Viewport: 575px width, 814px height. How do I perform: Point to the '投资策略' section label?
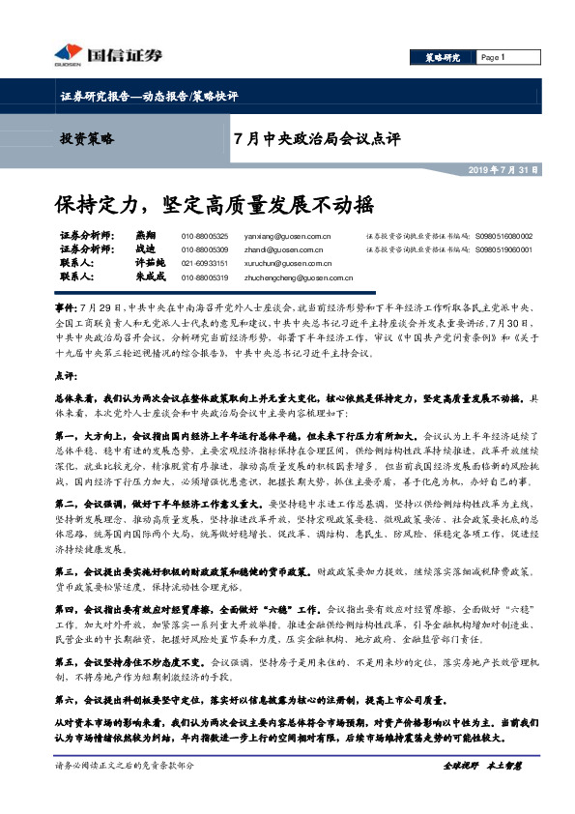[x=86, y=139]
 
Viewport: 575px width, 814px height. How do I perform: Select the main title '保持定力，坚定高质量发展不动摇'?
[x=213, y=205]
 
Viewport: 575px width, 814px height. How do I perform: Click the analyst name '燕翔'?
[x=145, y=236]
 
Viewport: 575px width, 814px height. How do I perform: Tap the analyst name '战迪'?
[x=145, y=249]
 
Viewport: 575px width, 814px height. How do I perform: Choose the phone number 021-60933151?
[x=205, y=263]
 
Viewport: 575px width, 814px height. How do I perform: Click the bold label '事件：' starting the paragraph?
[x=69, y=304]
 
